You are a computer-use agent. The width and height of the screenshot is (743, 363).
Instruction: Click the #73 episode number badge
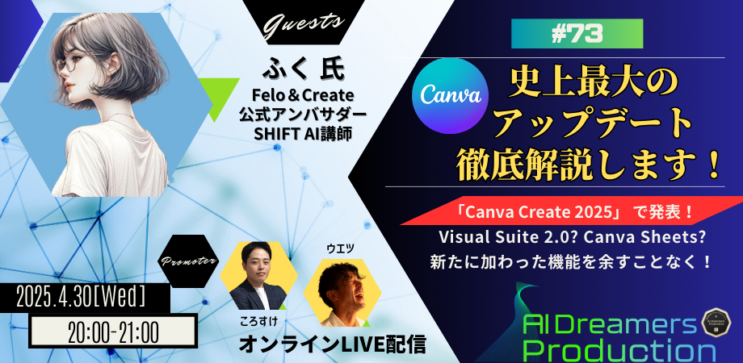[x=577, y=34]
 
